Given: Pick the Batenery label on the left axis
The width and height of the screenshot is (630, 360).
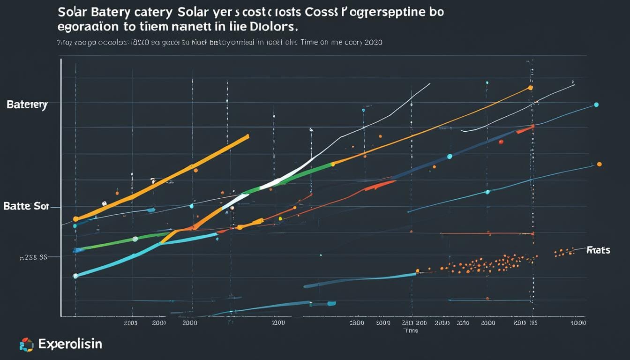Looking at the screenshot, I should (27, 105).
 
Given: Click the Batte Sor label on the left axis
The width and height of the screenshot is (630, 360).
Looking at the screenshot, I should (25, 206).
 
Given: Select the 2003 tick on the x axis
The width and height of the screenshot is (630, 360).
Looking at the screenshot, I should (131, 323).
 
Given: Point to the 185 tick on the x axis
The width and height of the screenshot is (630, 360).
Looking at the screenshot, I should (533, 323).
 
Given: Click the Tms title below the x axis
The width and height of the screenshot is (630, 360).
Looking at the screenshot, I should (411, 330).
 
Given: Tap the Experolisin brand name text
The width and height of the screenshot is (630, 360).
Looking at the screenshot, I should (70, 345).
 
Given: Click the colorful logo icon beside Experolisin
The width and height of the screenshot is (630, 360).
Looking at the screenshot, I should (26, 345).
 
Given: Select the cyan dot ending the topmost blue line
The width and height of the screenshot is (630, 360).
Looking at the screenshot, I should (596, 105).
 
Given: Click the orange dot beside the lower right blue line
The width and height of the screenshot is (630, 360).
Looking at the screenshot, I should (599, 164).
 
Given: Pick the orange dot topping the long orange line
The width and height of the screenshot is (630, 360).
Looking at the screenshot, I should (530, 87).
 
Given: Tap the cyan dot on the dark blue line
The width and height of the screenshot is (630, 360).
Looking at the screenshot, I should (450, 156).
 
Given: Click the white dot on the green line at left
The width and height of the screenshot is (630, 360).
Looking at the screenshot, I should (135, 239).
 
